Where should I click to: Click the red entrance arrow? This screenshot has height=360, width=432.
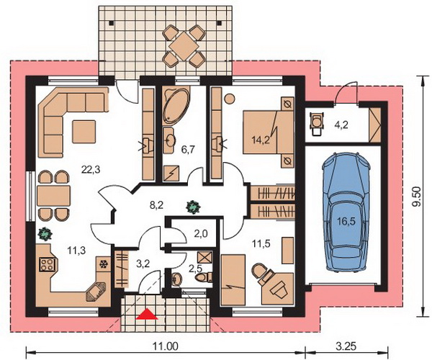[x=147, y=314]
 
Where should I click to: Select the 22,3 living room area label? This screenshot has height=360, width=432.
[x=91, y=170]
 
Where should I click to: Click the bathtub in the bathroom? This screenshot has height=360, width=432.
[x=176, y=104]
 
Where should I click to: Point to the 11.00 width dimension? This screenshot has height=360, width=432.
[x=165, y=346]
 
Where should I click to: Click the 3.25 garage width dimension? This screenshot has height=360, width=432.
[x=346, y=346]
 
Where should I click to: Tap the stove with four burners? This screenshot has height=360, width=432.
[x=46, y=264]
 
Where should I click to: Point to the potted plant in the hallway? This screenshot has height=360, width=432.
[x=193, y=207]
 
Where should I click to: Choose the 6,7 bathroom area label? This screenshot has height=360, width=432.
[x=188, y=149]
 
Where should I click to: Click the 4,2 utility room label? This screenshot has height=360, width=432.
[x=341, y=125]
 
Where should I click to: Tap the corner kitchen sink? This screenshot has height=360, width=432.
[x=96, y=292]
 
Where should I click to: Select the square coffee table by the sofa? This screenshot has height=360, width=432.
[x=84, y=132]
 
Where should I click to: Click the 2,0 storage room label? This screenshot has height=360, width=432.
[x=201, y=234]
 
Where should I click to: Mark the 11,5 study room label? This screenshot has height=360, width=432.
[x=261, y=243]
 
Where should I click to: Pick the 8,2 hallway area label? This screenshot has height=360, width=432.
[x=156, y=205]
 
